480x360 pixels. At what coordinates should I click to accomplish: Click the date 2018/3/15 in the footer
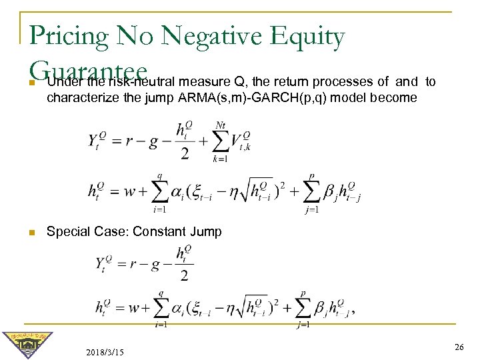click(105, 351)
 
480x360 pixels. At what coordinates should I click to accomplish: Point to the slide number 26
click(459, 347)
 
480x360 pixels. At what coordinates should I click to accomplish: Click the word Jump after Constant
click(204, 232)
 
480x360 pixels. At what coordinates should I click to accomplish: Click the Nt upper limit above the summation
click(221, 125)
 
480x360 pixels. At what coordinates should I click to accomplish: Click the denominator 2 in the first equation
click(184, 155)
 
